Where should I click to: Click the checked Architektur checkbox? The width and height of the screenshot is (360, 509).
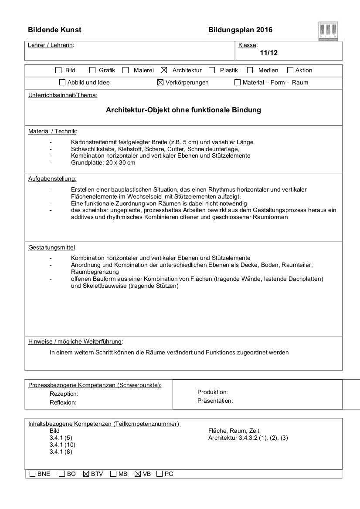click(164, 70)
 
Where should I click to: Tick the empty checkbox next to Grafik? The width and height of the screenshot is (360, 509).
click(92, 70)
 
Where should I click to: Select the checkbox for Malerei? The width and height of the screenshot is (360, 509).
click(126, 70)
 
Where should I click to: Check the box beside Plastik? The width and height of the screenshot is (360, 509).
click(212, 70)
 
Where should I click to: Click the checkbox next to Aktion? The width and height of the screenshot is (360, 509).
click(290, 70)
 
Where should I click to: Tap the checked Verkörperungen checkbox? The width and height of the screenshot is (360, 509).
click(160, 82)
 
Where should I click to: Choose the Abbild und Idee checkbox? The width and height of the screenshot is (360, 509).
click(62, 82)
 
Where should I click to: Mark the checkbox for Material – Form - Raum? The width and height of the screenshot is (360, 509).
click(238, 82)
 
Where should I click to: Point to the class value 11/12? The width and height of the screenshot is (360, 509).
click(268, 53)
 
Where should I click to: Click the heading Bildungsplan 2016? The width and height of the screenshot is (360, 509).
click(241, 30)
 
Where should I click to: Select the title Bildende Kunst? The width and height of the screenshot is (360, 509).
click(54, 30)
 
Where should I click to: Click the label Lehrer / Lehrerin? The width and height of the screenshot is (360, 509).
click(51, 45)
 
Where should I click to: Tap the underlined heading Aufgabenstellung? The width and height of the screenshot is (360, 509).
click(52, 179)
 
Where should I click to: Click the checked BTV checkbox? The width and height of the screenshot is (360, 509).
click(86, 474)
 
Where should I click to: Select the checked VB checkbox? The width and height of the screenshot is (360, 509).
click(138, 474)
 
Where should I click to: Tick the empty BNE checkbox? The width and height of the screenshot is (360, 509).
click(32, 474)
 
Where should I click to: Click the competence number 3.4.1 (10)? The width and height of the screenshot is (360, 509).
click(63, 445)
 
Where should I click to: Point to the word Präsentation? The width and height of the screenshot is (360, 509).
click(215, 401)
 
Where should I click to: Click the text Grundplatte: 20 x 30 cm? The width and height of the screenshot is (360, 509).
click(103, 162)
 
